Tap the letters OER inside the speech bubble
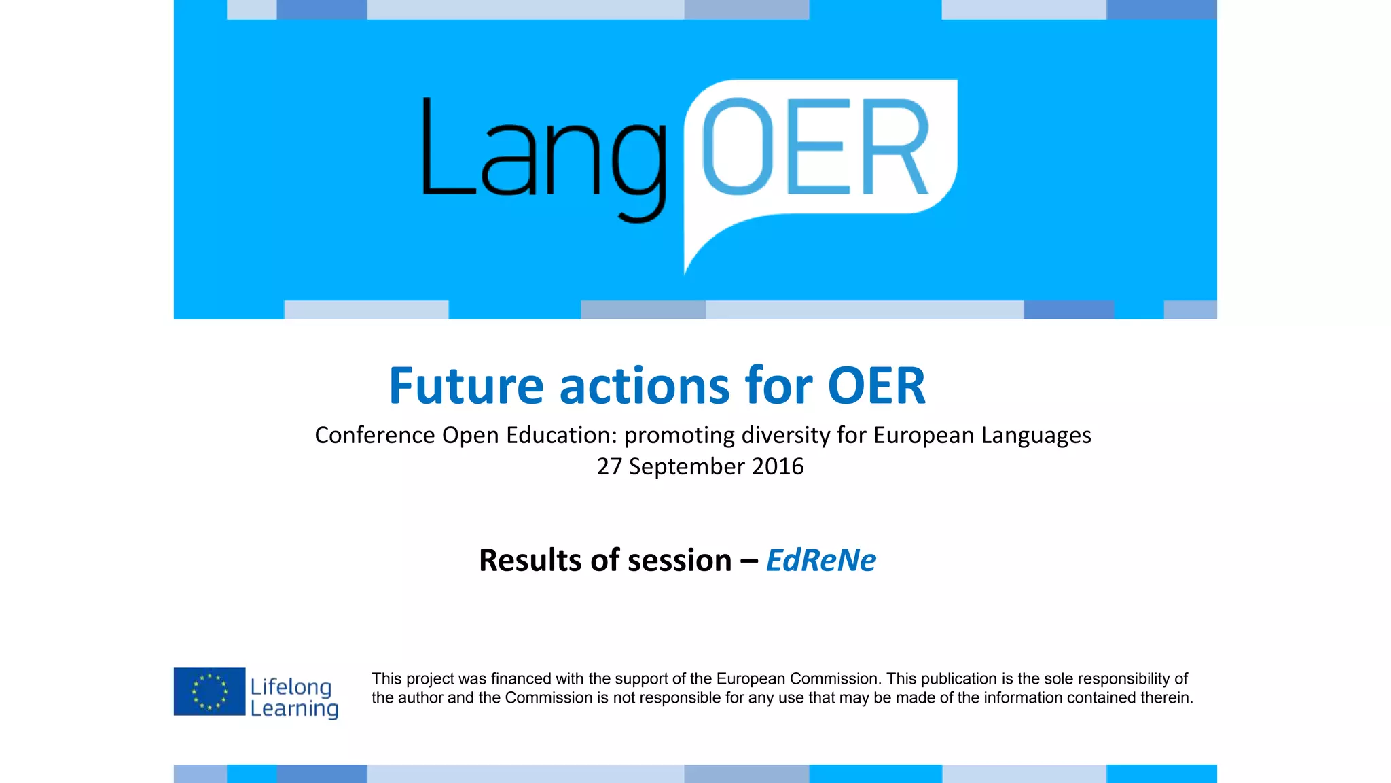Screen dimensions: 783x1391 click(x=815, y=146)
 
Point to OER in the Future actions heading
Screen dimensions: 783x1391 click(x=876, y=385)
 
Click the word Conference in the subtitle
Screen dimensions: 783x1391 click(x=374, y=435)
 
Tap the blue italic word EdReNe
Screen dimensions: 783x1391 click(x=820, y=560)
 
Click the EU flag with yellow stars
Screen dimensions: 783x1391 click(x=209, y=691)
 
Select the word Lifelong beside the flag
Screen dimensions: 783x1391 click(x=291, y=686)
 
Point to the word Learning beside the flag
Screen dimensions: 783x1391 click(x=293, y=708)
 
